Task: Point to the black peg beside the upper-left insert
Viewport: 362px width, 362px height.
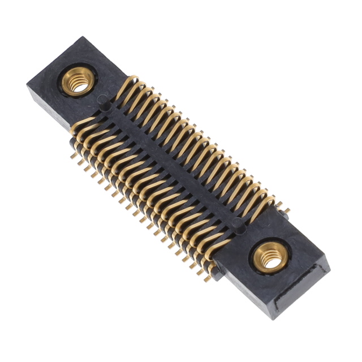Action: pyautogui.click(x=102, y=101)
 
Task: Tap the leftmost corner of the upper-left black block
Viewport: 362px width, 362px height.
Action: pyautogui.click(x=27, y=85)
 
